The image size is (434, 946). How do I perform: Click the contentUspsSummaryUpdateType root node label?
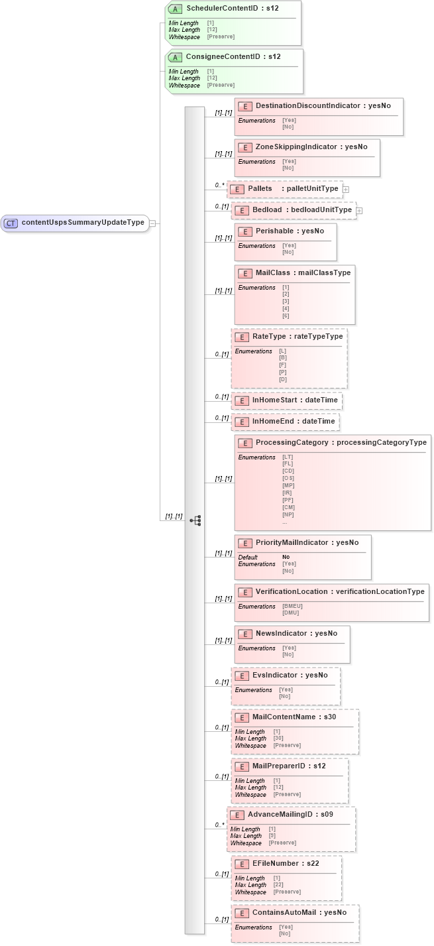tap(83, 223)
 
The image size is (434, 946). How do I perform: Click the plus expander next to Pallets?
tap(346, 190)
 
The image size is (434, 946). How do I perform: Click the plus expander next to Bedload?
tap(360, 211)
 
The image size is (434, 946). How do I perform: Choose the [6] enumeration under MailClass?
tap(286, 316)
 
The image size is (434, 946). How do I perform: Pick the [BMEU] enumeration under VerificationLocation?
tap(292, 606)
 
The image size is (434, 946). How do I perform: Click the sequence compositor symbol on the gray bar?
tap(195, 520)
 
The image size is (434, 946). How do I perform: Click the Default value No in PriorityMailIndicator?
tap(286, 557)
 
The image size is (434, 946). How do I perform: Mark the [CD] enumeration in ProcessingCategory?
tap(288, 471)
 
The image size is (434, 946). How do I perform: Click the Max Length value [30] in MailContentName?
tap(279, 738)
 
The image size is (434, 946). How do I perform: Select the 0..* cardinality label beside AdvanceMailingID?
tap(219, 825)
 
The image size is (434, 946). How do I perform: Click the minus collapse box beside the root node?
tap(152, 223)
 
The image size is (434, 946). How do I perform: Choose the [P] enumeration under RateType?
tap(283, 372)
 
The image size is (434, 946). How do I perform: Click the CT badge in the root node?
tap(11, 223)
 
